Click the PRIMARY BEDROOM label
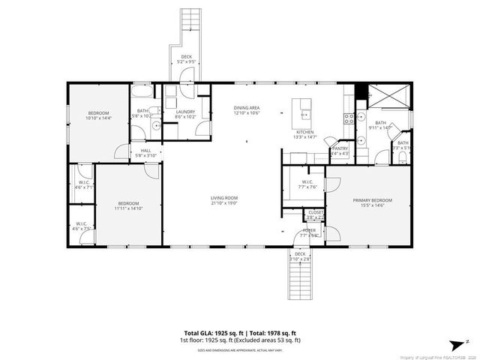tap(372, 201)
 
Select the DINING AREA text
tap(246, 109)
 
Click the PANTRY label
tap(340, 148)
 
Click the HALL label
tap(146, 151)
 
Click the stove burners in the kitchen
tap(348, 118)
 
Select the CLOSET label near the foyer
tap(315, 212)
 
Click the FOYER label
tap(309, 230)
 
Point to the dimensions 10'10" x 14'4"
tap(97, 118)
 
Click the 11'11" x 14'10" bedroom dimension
tap(127, 208)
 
